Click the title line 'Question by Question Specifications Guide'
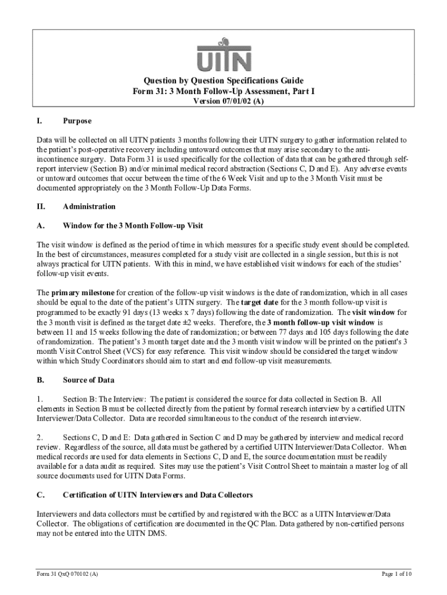pos(223,80)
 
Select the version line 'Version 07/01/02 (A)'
pos(223,101)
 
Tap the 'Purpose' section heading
pos(77,121)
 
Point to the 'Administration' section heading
pos(89,206)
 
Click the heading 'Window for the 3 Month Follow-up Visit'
pos(132,225)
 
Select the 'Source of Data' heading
pos(88,380)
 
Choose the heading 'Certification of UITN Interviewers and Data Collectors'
pos(157,495)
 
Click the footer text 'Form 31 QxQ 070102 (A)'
pos(65,574)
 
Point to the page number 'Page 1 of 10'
pos(396,574)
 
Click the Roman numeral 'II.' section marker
pos(41,206)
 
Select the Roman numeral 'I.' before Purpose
pos(39,121)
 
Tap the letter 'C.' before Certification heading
pos(41,495)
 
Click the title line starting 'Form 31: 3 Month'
pos(223,91)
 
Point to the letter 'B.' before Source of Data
pos(41,380)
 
